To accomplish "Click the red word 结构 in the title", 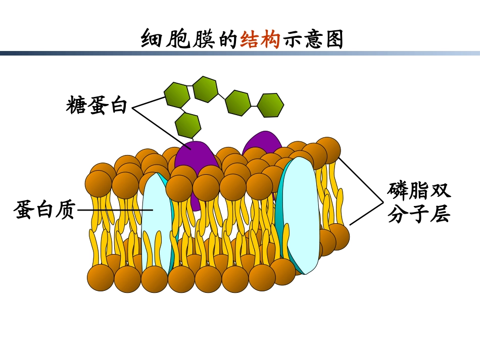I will click(x=260, y=39).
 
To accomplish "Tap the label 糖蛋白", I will click(x=97, y=106).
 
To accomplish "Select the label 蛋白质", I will click(x=44, y=210).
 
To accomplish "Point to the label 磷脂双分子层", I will click(x=418, y=202).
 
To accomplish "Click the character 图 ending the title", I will click(x=334, y=39).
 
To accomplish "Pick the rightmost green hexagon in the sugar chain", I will click(x=270, y=105).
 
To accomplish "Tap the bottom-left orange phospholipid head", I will click(x=101, y=278).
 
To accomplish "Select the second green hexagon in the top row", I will click(x=205, y=88).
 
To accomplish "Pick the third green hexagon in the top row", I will click(x=238, y=102).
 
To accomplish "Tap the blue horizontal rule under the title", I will click(x=240, y=53).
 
